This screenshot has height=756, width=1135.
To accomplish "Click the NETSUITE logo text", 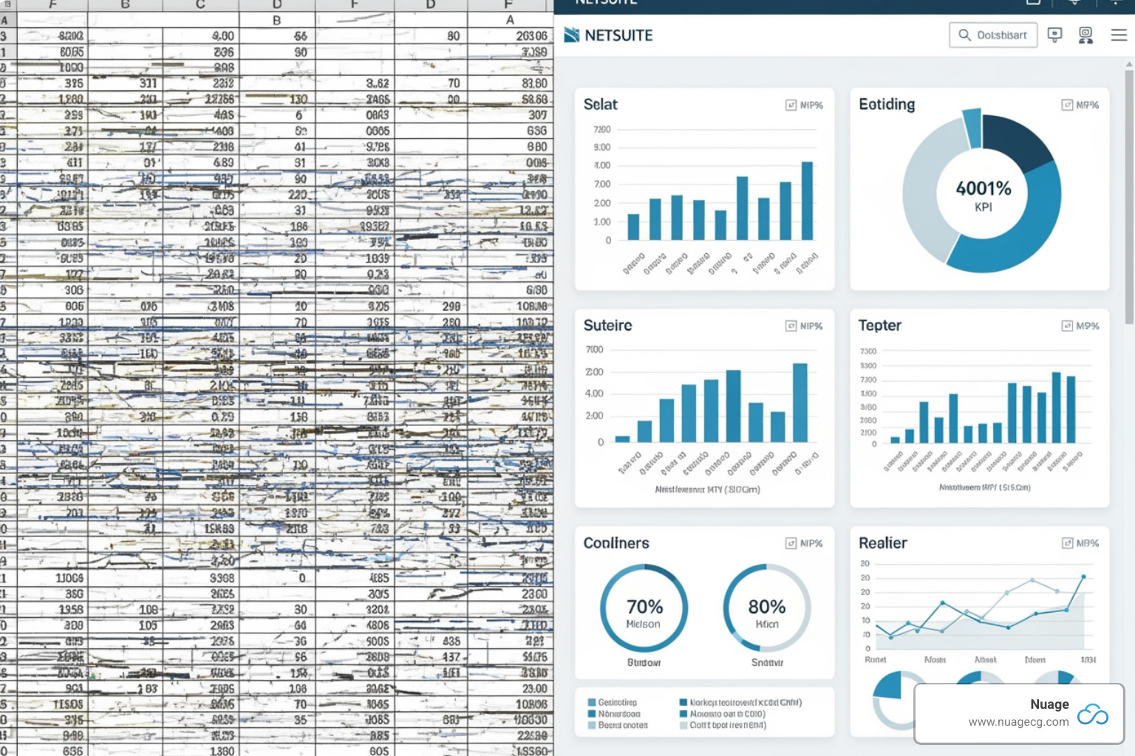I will pos(618,35).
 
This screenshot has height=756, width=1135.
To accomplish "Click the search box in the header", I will pos(992,35).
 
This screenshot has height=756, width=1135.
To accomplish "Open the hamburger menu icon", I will pos(1119,35).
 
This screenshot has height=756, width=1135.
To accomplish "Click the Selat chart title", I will pos(600,105).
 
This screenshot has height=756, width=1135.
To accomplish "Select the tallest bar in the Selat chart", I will pos(807,201).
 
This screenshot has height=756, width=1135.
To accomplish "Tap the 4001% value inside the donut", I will pos(984,188).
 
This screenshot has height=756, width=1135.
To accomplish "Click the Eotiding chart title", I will pos(887,105).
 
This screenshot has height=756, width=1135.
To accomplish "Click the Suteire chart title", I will pos(607,326).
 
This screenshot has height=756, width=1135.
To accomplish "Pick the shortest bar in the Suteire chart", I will pos(623,439).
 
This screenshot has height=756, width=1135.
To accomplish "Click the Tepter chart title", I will pos(879,326).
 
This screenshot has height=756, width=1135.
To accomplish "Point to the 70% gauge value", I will pos(644,607).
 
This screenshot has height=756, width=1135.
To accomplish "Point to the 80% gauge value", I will pos(767,607).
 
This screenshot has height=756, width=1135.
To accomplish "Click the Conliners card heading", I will pos(616,543).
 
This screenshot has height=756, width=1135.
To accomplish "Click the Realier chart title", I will pos(882,543).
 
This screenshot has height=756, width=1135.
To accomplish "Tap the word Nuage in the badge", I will pos(1049,704).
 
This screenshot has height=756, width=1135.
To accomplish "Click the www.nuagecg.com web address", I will pos(1018,722).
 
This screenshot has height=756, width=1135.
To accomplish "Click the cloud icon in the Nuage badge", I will pos(1093,714).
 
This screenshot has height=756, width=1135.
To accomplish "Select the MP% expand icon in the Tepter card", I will pos(1067,326).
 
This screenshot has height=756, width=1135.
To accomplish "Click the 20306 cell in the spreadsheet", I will pos(531,36).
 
